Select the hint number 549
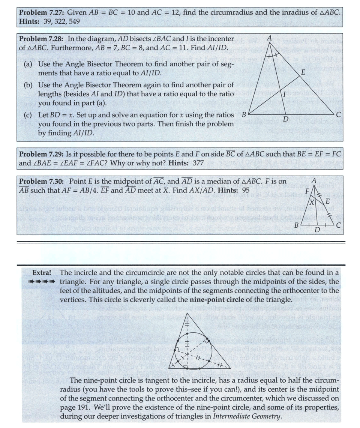click(x=74, y=21)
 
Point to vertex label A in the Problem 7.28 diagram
click(x=269, y=38)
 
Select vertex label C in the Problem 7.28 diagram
click(x=339, y=114)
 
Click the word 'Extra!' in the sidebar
click(x=42, y=273)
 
